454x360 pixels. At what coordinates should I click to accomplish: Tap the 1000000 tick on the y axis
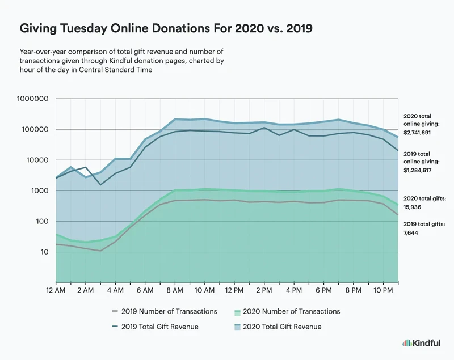point(33,99)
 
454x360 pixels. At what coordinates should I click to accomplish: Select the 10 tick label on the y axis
point(44,252)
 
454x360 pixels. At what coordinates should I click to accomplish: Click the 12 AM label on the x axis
point(56,290)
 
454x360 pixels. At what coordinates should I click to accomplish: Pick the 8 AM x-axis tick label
point(175,290)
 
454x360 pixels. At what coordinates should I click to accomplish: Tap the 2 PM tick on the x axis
point(263,290)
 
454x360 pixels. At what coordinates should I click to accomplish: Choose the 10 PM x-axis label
point(383,290)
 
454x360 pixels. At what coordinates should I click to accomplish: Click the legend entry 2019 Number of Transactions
point(169,311)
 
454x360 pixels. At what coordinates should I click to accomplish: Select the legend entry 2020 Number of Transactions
point(291,311)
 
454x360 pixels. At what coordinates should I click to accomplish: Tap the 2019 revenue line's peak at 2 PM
point(263,128)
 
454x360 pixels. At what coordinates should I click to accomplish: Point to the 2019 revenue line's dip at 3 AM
point(100,185)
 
